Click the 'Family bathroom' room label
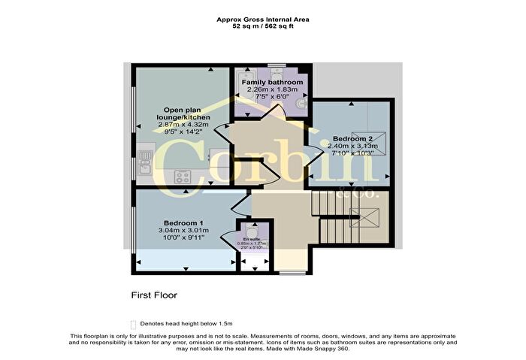pyautogui.click(x=277, y=82)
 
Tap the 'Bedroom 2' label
pyautogui.click(x=353, y=140)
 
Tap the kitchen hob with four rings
pyautogui.click(x=182, y=177)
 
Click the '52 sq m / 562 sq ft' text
pyautogui.click(x=263, y=28)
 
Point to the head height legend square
pyautogui.click(x=134, y=322)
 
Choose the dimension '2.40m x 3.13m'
pyautogui.click(x=353, y=148)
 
